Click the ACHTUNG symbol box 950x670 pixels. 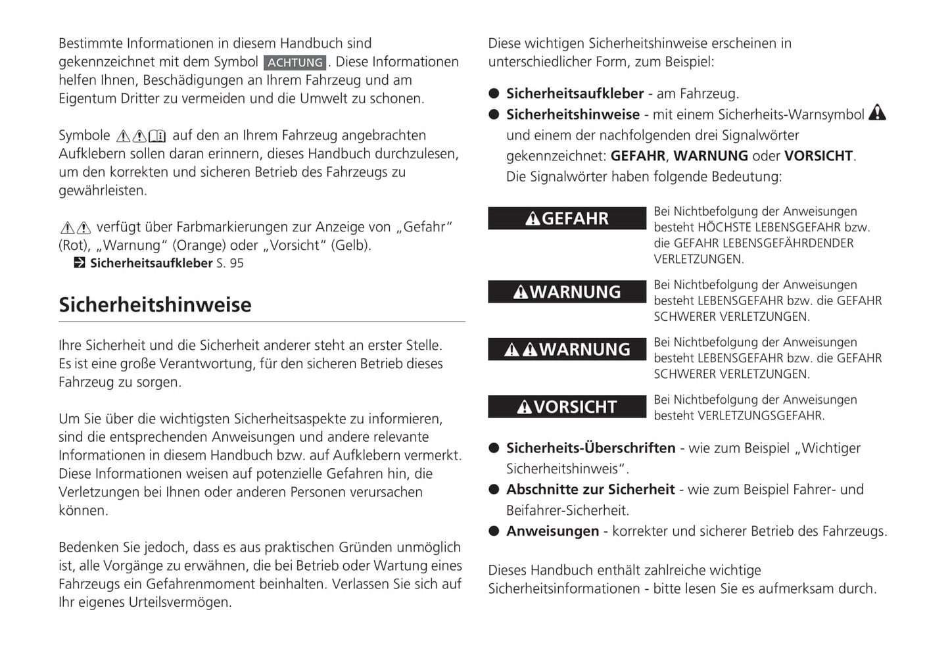click(x=295, y=62)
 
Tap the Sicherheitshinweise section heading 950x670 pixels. click(x=155, y=304)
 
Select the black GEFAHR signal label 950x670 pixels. click(x=567, y=218)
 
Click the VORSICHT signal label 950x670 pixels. click(x=567, y=407)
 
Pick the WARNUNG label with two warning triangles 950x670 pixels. click(x=567, y=349)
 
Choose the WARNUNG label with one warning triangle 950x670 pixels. click(x=567, y=292)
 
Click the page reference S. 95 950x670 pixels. click(x=230, y=263)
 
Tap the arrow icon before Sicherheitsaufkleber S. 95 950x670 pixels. click(x=80, y=263)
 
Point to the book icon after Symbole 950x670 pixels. click(x=158, y=136)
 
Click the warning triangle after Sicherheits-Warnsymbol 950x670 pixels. click(x=877, y=113)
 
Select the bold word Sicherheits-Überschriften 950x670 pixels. click(x=590, y=448)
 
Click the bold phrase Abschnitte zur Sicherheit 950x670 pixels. click(x=590, y=489)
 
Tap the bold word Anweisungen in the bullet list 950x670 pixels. click(x=552, y=531)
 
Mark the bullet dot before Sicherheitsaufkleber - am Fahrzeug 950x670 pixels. click(x=494, y=93)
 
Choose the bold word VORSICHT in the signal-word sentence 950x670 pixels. click(x=819, y=156)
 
